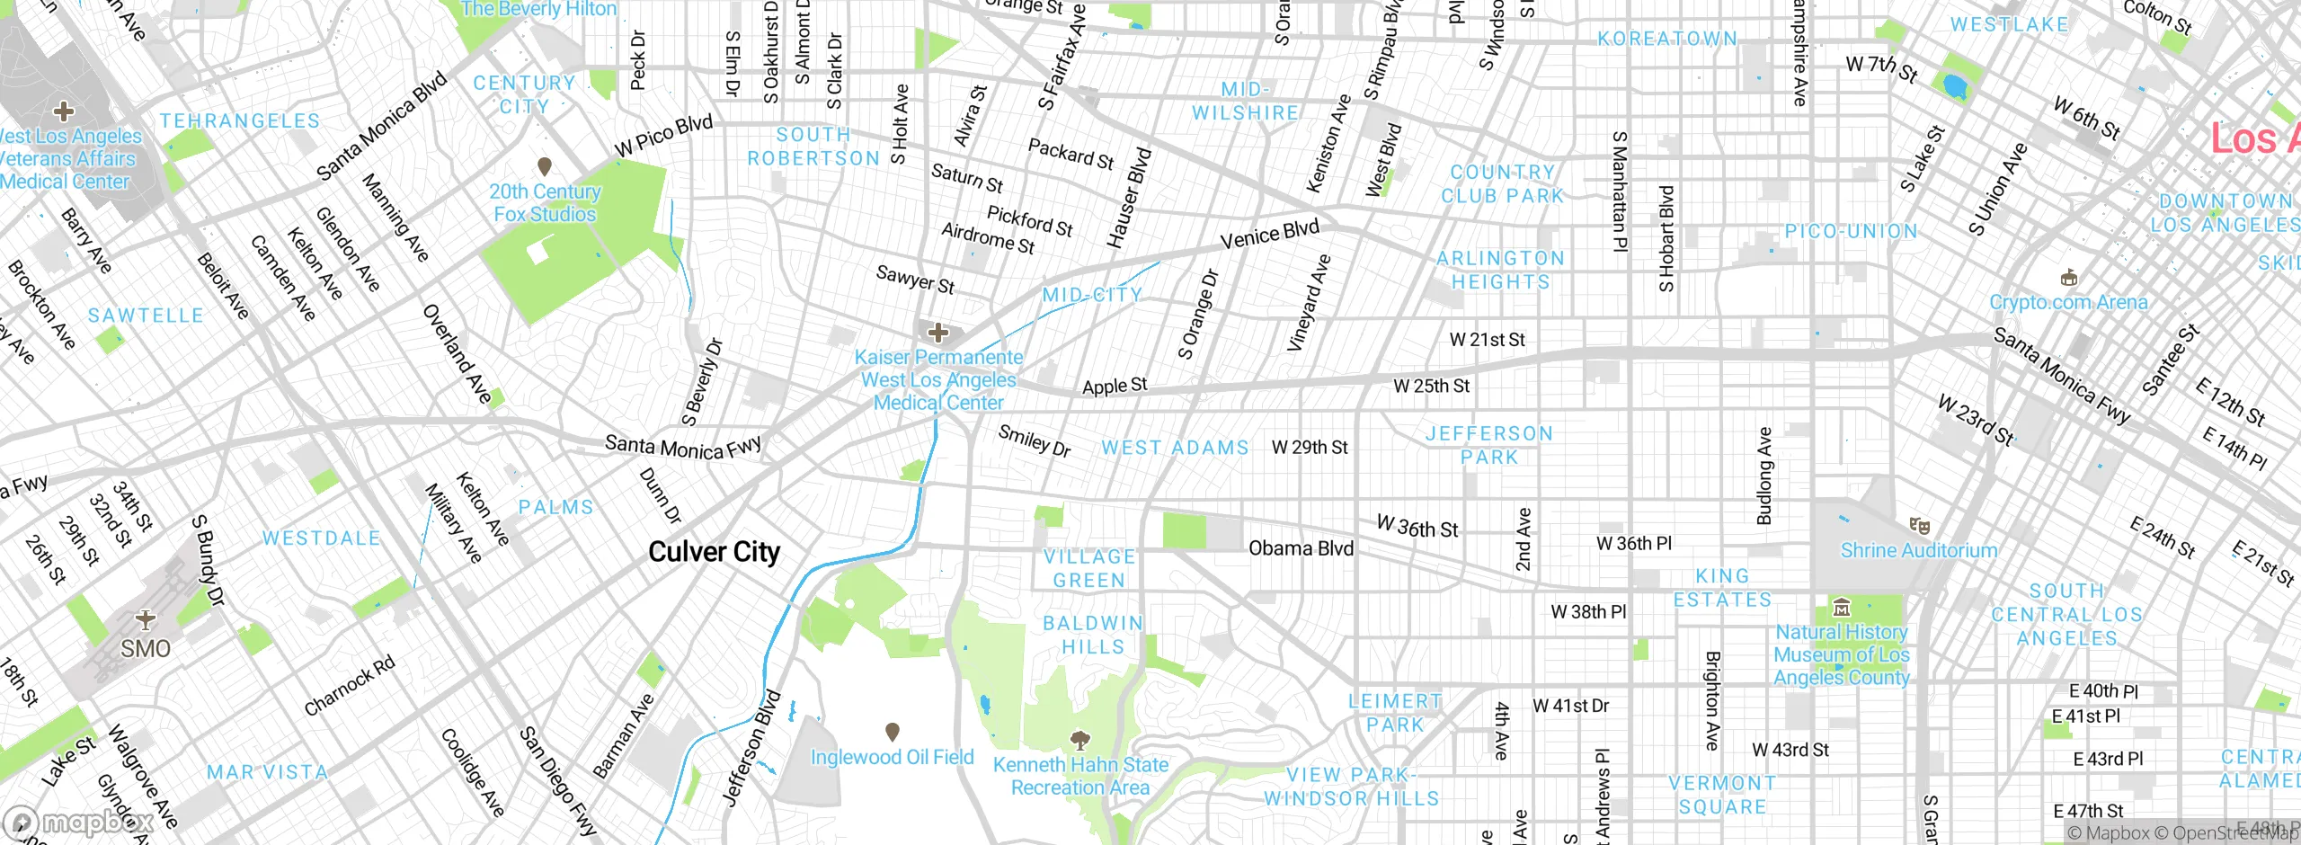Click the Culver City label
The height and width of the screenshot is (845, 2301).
[x=714, y=552]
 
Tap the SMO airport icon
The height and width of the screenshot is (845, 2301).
[x=146, y=619]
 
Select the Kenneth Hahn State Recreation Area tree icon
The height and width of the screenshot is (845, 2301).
[x=1080, y=740]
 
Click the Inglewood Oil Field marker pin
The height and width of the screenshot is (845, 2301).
[x=892, y=732]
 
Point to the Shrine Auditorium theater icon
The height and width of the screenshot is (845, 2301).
[x=1919, y=525]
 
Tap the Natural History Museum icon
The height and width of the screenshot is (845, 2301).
[x=1842, y=608]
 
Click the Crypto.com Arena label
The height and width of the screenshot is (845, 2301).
[x=2068, y=302]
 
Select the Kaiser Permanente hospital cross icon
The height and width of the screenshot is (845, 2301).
[x=938, y=333]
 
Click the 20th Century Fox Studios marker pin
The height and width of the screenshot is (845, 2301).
[x=544, y=166]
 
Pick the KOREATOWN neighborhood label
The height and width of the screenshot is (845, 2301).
[x=1667, y=39]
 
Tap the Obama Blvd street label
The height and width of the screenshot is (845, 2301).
[x=1301, y=548]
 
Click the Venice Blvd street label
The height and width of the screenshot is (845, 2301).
[x=1269, y=234]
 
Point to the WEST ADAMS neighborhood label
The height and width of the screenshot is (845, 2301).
[x=1175, y=448]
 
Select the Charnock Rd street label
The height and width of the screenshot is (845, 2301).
[x=349, y=687]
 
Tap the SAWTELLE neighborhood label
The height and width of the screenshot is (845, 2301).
[x=146, y=316]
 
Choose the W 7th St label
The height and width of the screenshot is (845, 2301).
[x=1881, y=68]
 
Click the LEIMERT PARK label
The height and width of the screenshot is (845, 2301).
[x=1395, y=713]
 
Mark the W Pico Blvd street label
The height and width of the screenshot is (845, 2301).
[x=663, y=136]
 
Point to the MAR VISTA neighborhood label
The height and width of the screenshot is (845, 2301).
[x=267, y=772]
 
